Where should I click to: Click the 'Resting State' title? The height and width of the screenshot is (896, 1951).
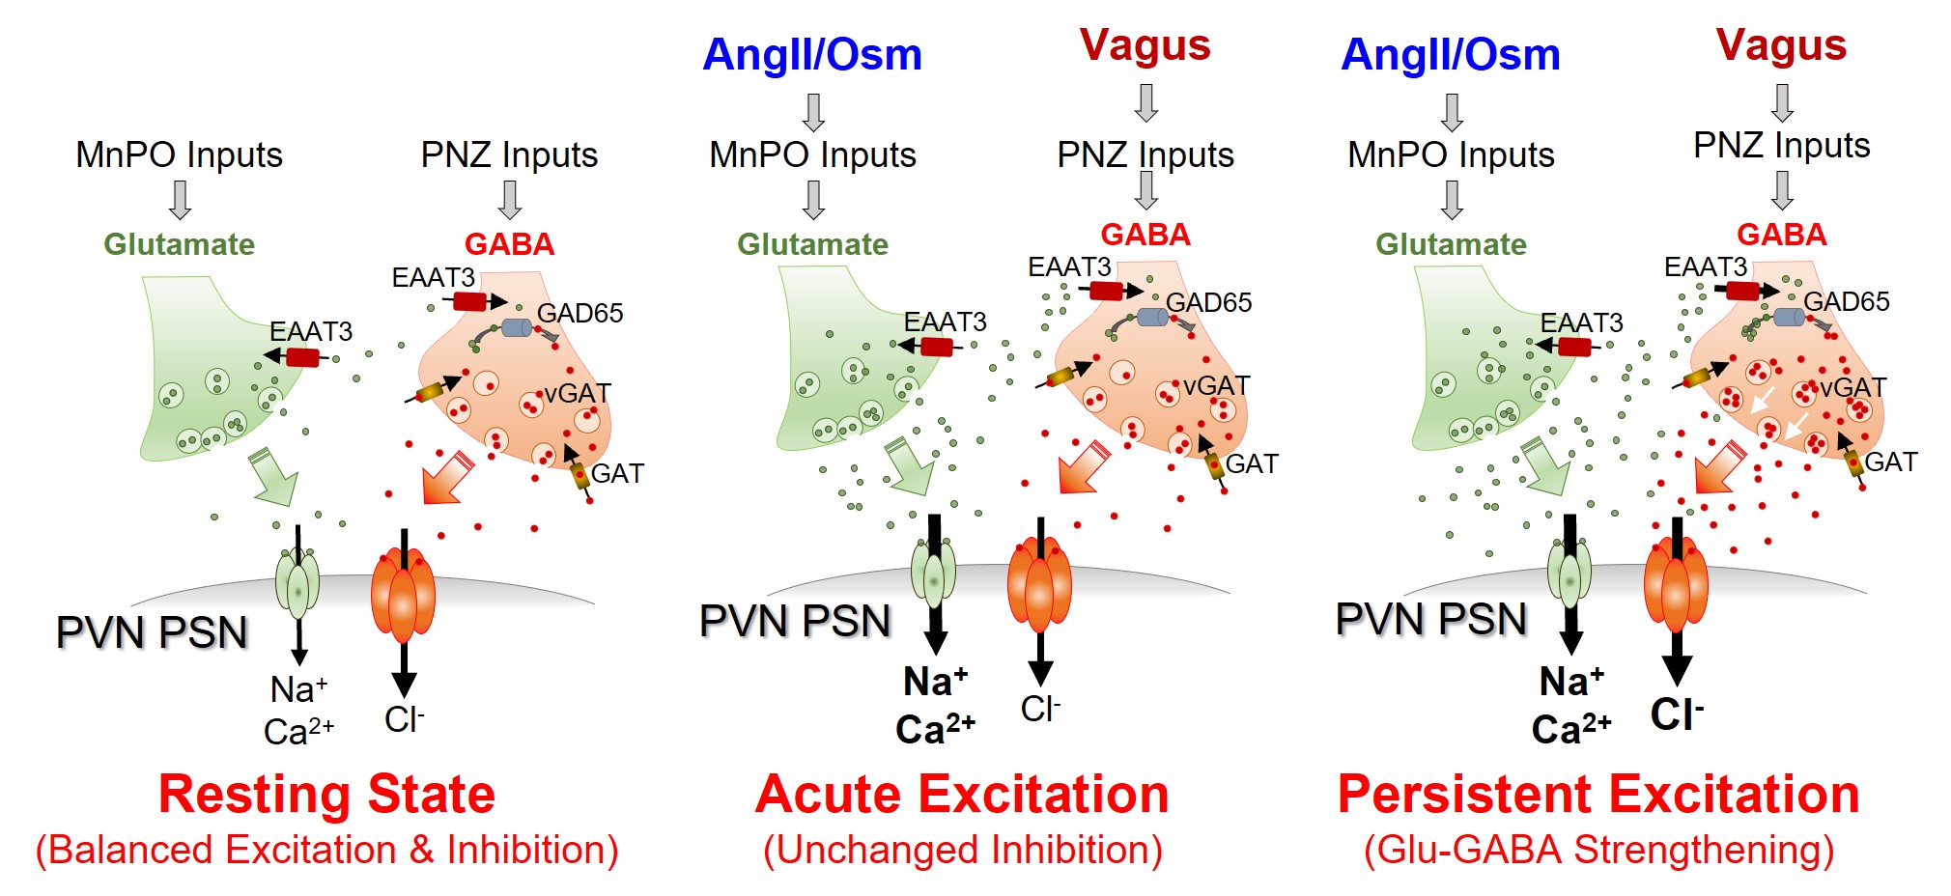326,795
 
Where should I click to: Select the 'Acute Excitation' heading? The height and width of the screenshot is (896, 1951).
961,795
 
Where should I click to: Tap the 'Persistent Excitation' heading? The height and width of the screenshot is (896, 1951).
1598,795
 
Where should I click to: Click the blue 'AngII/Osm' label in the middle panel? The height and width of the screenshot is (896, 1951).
811,54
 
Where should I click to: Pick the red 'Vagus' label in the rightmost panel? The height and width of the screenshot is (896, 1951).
1781,45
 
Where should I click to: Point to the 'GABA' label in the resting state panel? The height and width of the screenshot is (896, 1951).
509,244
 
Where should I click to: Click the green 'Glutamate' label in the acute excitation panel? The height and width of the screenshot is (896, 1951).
812,244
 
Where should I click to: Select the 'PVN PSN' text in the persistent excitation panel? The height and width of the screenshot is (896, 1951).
1430,620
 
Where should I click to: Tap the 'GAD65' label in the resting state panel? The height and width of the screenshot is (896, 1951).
580,313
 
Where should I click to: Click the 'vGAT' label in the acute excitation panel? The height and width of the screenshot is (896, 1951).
1216,386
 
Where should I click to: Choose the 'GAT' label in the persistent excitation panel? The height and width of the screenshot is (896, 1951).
1890,462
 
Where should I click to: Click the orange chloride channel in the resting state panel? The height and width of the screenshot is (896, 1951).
403,594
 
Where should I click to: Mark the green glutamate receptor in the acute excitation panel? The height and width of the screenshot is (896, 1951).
933,574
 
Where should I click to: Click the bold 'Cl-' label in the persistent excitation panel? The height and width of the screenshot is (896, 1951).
1676,714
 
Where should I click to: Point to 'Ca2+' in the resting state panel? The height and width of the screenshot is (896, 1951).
298,732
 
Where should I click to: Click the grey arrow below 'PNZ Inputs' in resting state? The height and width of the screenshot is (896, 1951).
509,200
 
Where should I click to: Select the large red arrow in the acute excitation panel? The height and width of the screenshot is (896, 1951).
1083,468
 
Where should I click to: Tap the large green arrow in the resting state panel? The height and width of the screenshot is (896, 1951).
274,476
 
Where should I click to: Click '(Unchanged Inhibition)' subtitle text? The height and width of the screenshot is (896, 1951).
962,850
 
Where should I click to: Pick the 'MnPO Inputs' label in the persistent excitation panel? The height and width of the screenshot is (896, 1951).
1451,154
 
